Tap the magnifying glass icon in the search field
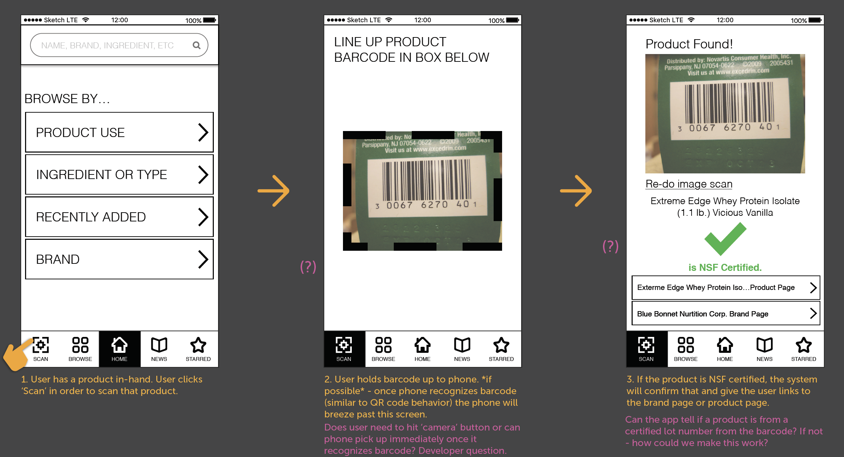[197, 45]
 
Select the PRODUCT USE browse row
[119, 132]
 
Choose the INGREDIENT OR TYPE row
[119, 174]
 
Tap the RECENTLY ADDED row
[119, 217]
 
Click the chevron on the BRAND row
[203, 259]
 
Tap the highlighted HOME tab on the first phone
[120, 349]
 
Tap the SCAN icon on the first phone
[41, 345]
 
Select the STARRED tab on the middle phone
[501, 349]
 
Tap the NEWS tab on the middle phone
[462, 349]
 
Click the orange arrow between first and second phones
[273, 191]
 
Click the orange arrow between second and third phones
[576, 191]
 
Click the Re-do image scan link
[689, 184]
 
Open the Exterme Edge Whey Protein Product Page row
[726, 287]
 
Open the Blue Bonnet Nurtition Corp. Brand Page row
[726, 313]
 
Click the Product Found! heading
[689, 44]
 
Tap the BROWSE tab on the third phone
[686, 349]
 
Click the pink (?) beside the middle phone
[308, 267]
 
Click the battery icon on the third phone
[815, 20]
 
